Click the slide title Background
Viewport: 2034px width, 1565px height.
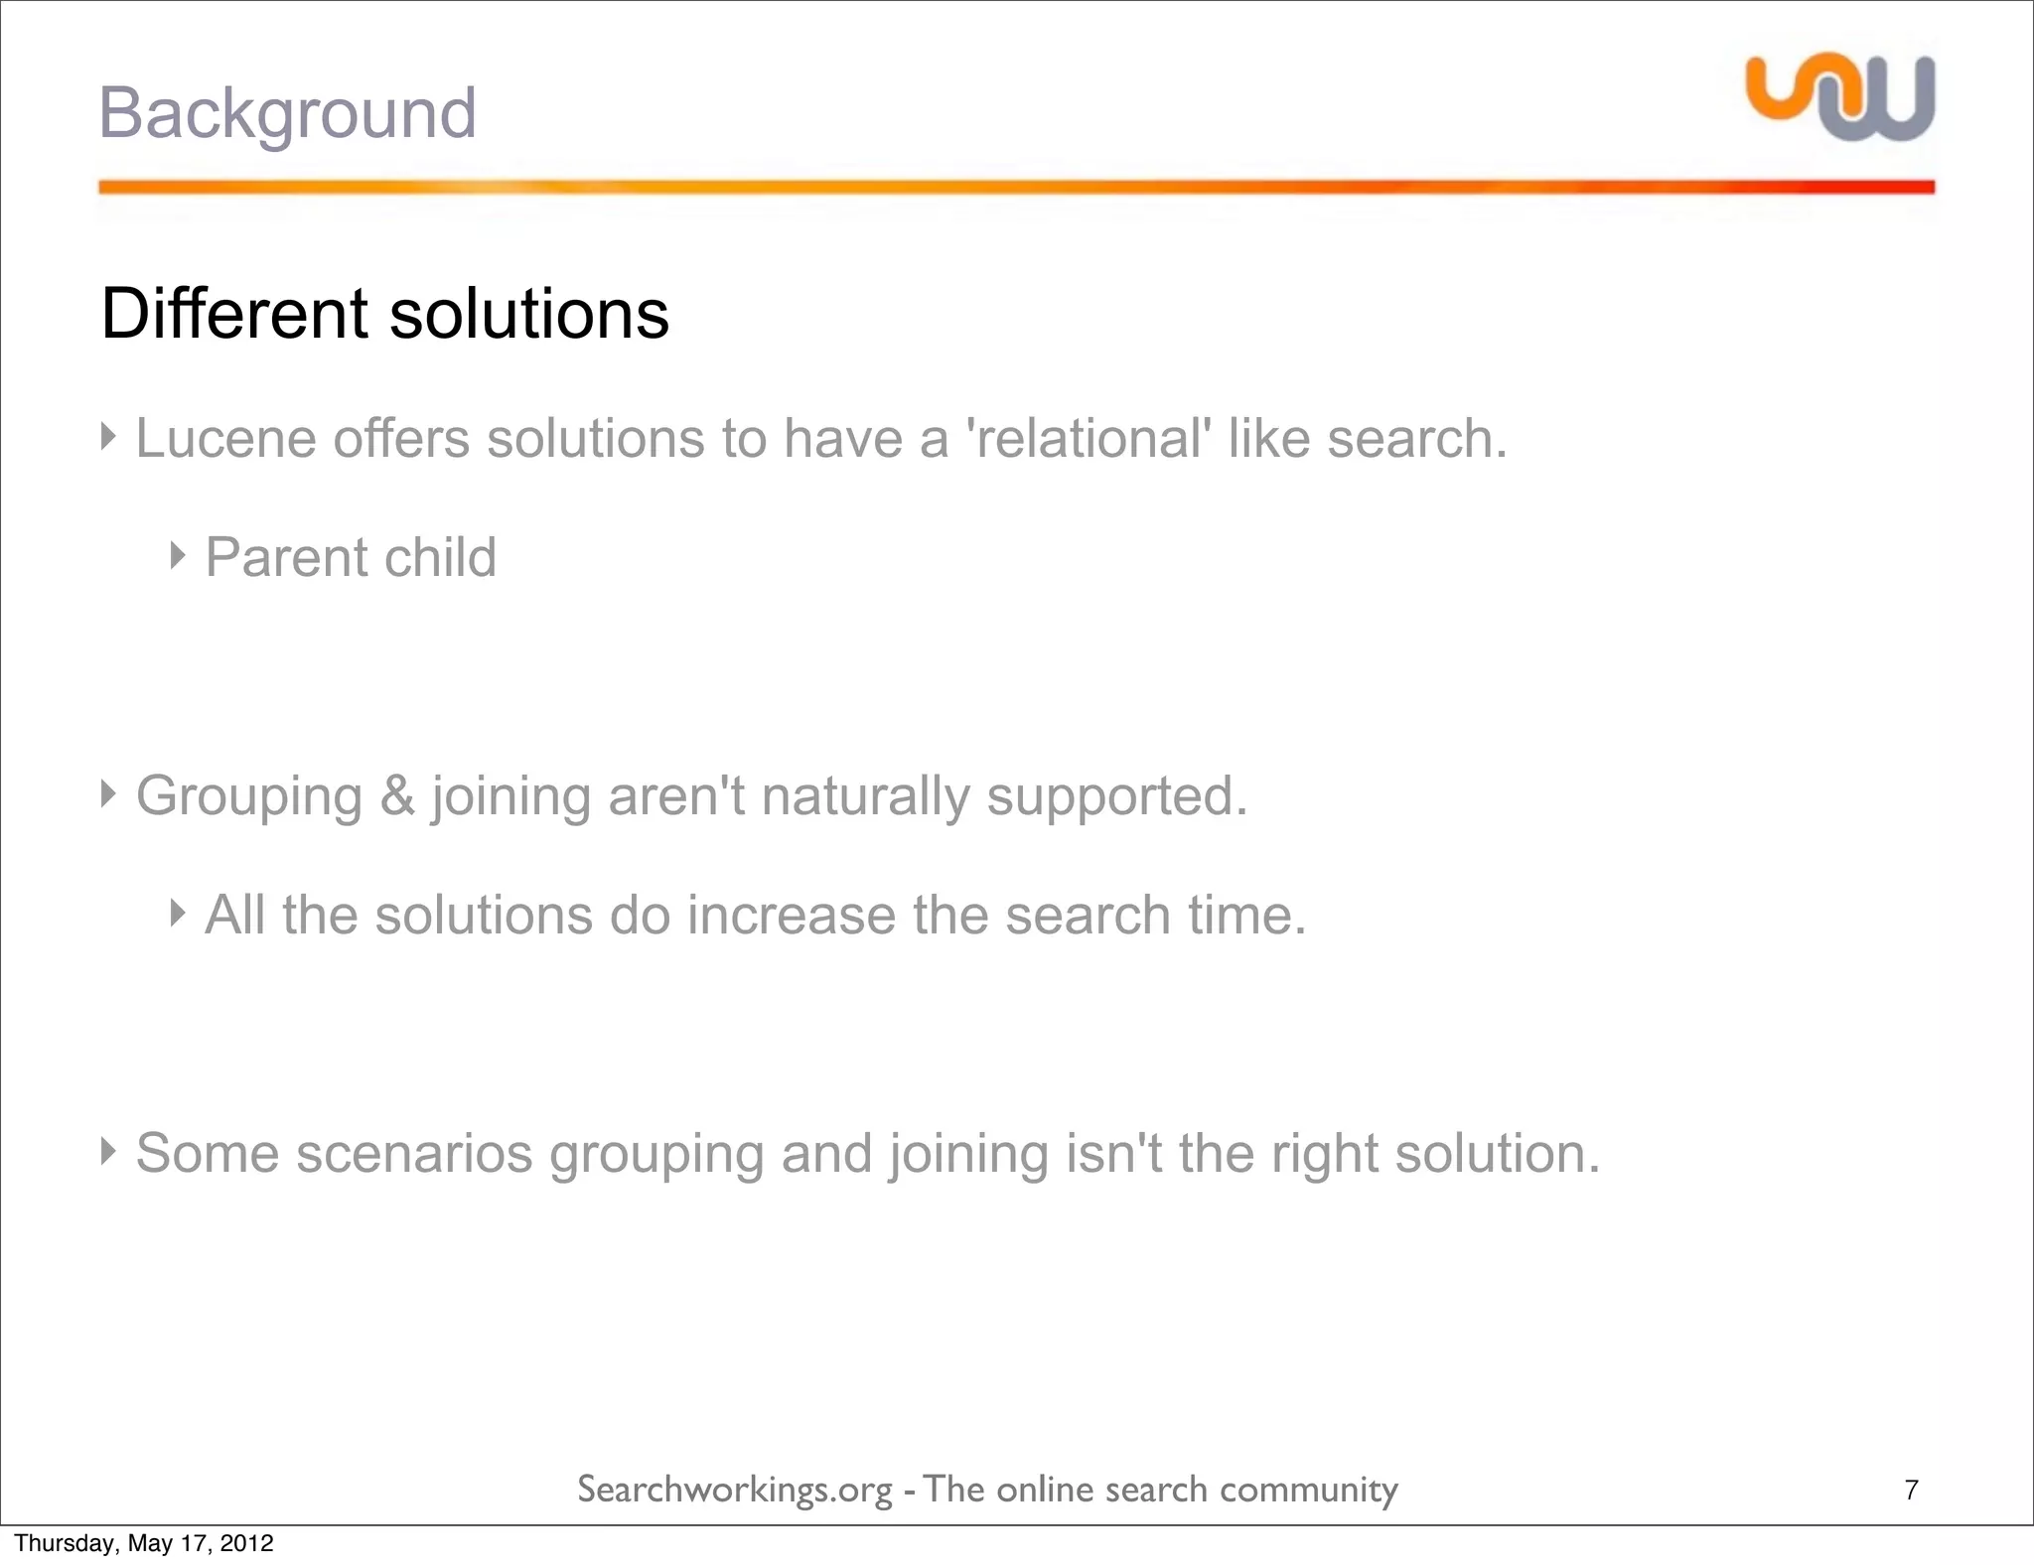287,113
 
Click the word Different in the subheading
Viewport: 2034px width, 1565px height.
234,314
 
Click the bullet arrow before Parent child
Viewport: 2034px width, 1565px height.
178,555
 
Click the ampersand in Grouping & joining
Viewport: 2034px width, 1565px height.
397,795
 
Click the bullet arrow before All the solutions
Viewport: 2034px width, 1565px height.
178,913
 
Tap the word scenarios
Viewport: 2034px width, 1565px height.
414,1153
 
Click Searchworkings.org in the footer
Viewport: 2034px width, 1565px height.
735,1491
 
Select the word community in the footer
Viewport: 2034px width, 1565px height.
1308,1491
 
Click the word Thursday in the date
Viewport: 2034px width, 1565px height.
53,1543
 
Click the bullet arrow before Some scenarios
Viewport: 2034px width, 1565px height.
108,1151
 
